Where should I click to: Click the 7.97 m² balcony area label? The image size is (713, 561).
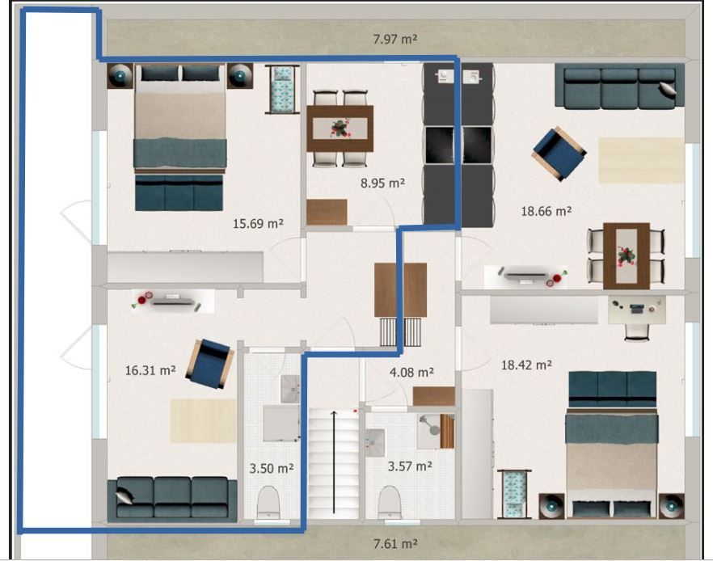pos(395,39)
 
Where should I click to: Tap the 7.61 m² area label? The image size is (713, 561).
pos(395,543)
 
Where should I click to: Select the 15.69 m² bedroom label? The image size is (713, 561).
pos(259,223)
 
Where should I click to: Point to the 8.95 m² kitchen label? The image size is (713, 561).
pos(382,183)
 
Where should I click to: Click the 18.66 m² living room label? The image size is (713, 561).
pos(546,211)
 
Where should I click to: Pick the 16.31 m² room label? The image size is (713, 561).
pos(150,370)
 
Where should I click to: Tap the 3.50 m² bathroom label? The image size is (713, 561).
pos(272,468)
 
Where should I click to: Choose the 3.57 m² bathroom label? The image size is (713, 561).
pos(410,466)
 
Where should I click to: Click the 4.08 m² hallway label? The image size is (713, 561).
pos(411,373)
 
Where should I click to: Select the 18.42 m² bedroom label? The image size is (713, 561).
pos(526,365)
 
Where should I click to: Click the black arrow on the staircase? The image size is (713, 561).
pos(334,462)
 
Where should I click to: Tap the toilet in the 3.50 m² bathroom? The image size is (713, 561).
pos(268,502)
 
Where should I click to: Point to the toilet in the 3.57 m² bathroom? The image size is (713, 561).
pos(390,502)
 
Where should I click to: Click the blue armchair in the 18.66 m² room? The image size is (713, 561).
pos(559,154)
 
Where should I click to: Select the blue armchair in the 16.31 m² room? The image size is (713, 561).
pos(209,364)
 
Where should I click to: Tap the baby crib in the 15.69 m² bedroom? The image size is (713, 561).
pos(282,89)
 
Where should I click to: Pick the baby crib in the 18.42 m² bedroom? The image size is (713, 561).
pos(514,494)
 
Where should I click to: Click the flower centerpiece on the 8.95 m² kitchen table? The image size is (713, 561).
pos(340,128)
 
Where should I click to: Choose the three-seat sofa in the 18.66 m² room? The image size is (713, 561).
pos(619,86)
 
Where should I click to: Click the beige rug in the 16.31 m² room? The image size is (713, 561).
pos(203,421)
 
